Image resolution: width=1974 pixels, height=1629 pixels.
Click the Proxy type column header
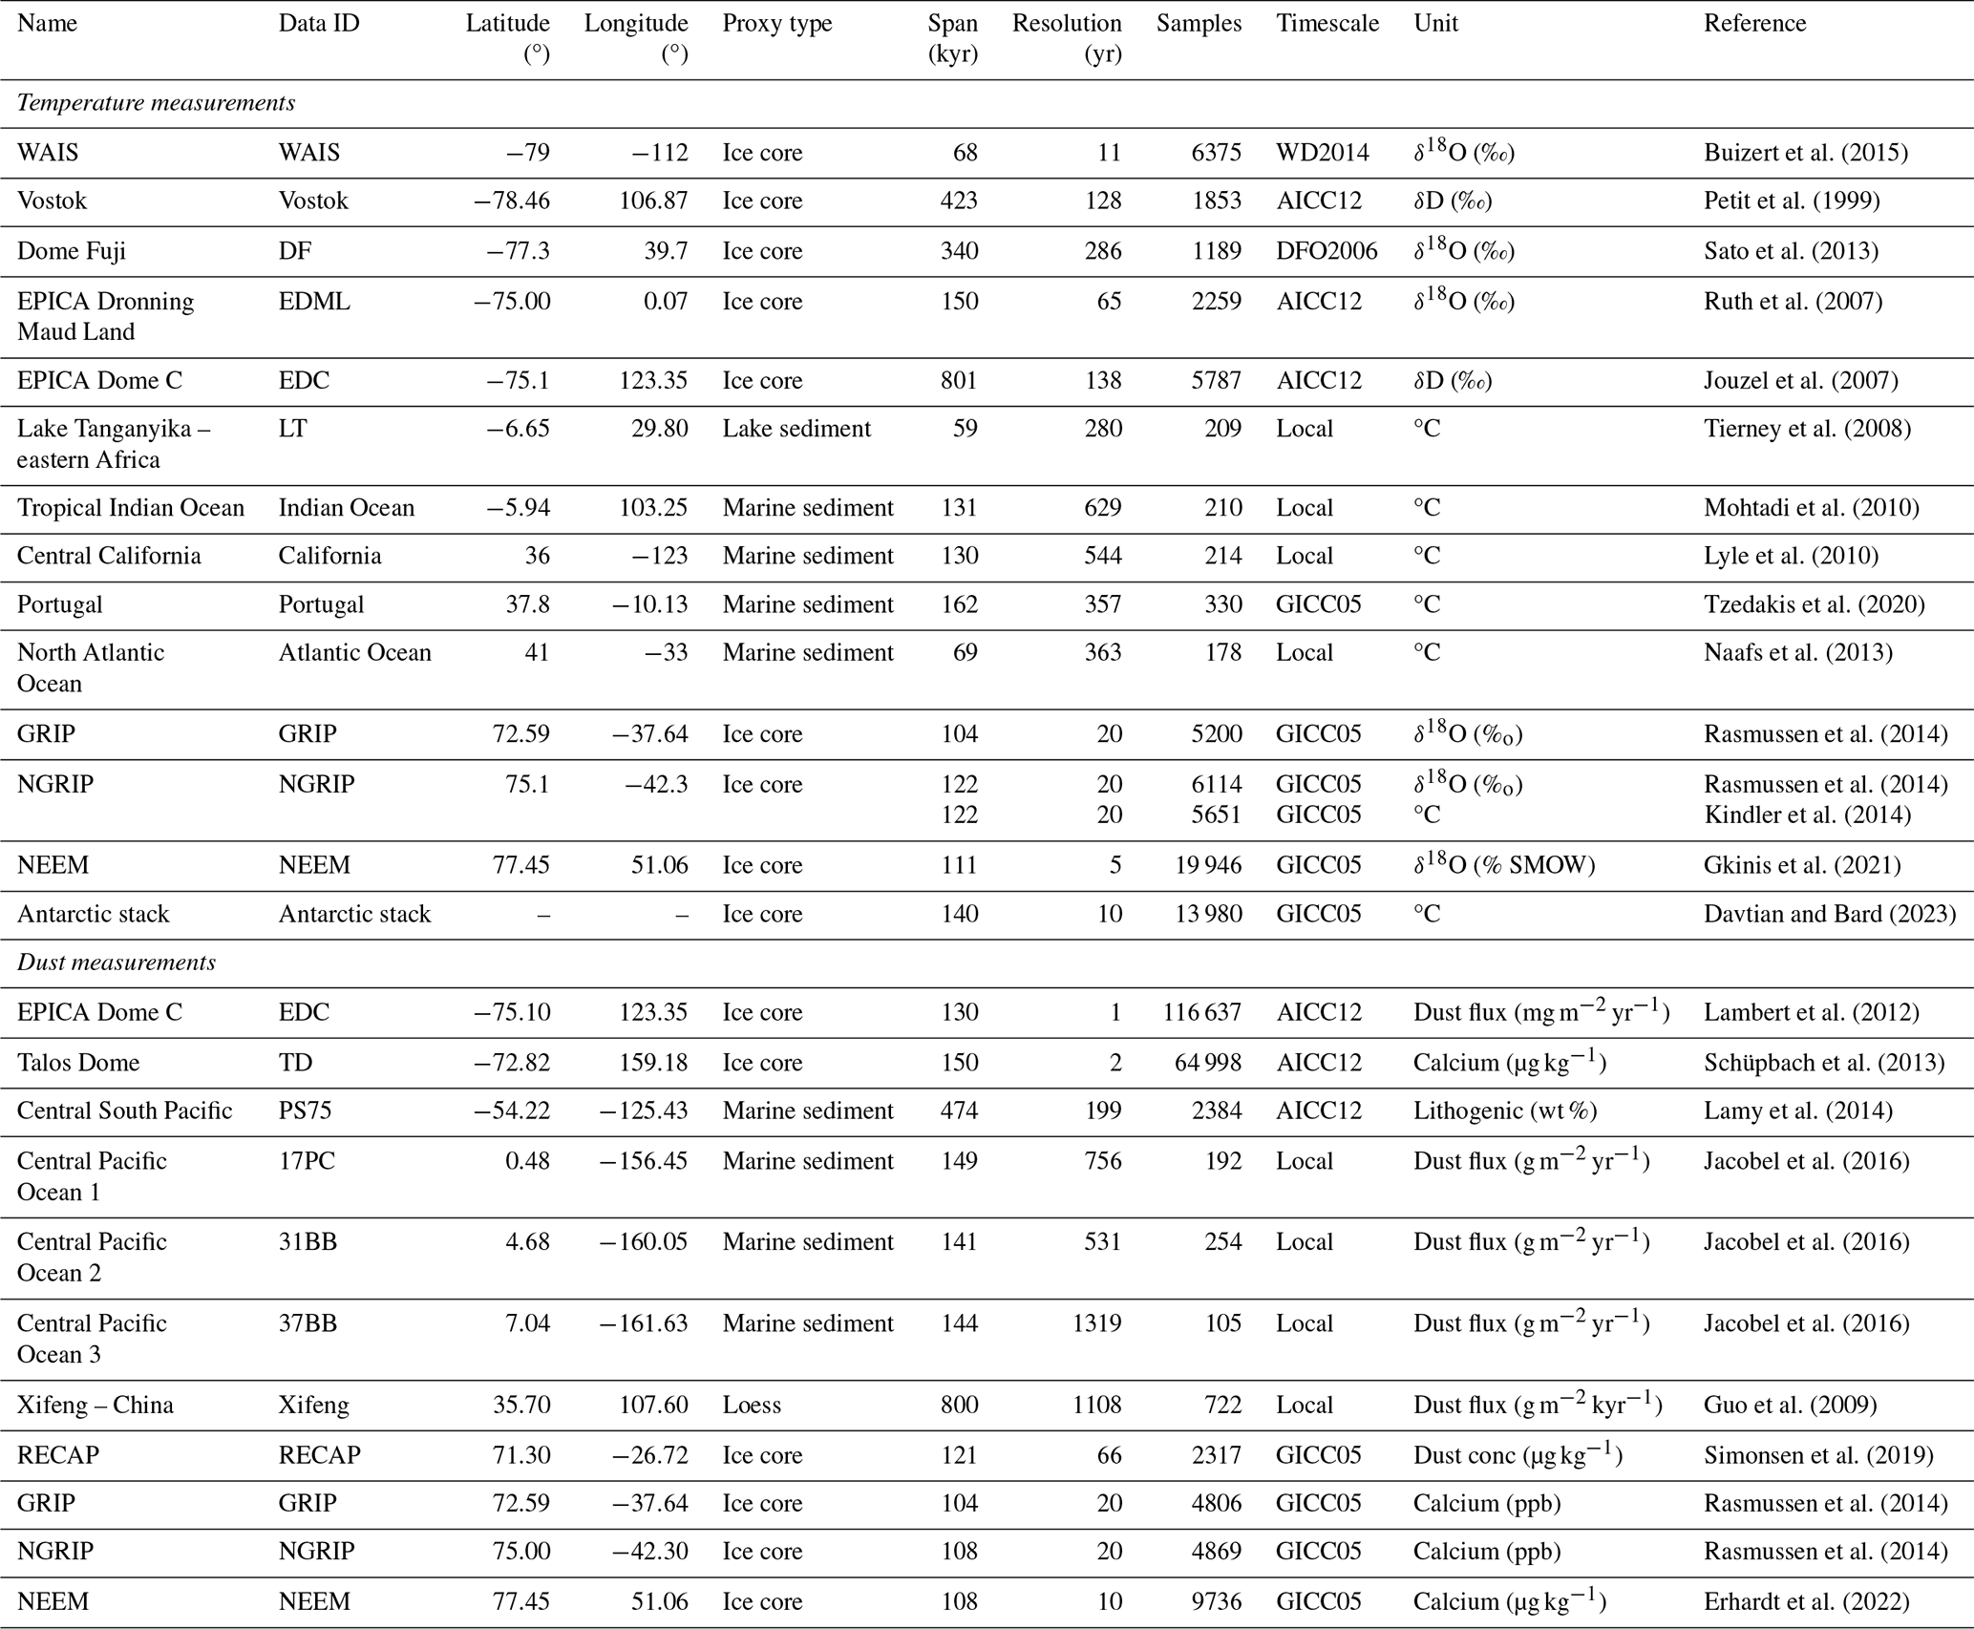click(x=776, y=24)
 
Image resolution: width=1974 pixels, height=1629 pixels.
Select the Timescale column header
click(x=1327, y=24)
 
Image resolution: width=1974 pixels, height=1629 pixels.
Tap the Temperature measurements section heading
click(x=156, y=103)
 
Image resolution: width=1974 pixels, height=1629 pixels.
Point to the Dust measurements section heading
click(x=117, y=963)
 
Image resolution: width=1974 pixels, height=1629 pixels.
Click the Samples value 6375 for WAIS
click(x=1216, y=153)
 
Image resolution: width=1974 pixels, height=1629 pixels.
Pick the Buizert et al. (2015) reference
click(x=1805, y=153)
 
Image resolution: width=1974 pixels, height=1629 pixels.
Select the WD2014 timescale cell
click(x=1322, y=153)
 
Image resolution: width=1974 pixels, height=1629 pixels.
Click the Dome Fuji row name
click(x=72, y=251)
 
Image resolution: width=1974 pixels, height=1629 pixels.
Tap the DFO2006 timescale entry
click(x=1327, y=251)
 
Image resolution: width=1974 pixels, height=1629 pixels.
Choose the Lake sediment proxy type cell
click(x=796, y=429)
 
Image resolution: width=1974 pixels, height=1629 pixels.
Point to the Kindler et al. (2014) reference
click(x=1807, y=814)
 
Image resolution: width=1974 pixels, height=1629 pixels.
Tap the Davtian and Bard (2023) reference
click(x=1829, y=914)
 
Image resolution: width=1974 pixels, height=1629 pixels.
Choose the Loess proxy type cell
click(x=752, y=1405)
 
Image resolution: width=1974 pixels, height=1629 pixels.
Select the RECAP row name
click(x=58, y=1455)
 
